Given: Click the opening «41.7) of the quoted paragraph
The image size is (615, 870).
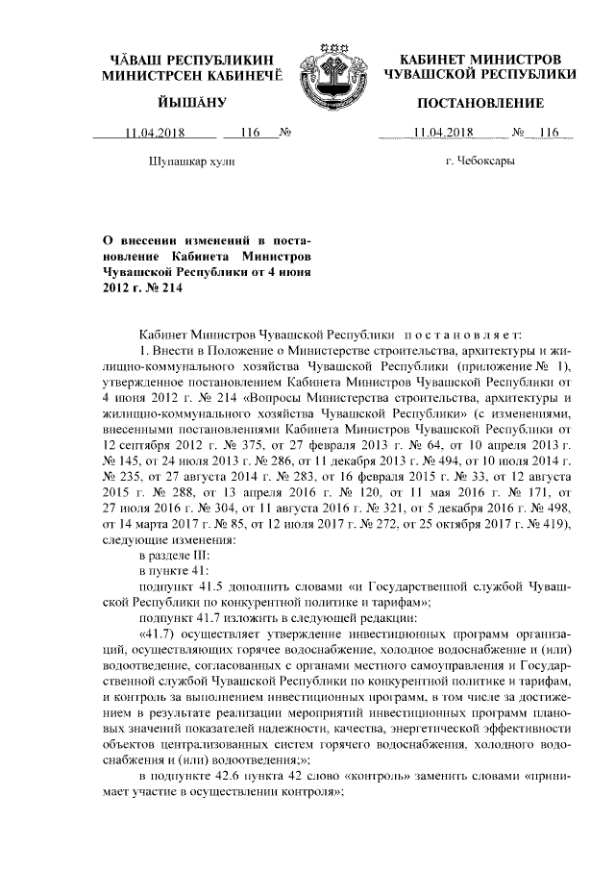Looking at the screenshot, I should coord(159,637).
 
